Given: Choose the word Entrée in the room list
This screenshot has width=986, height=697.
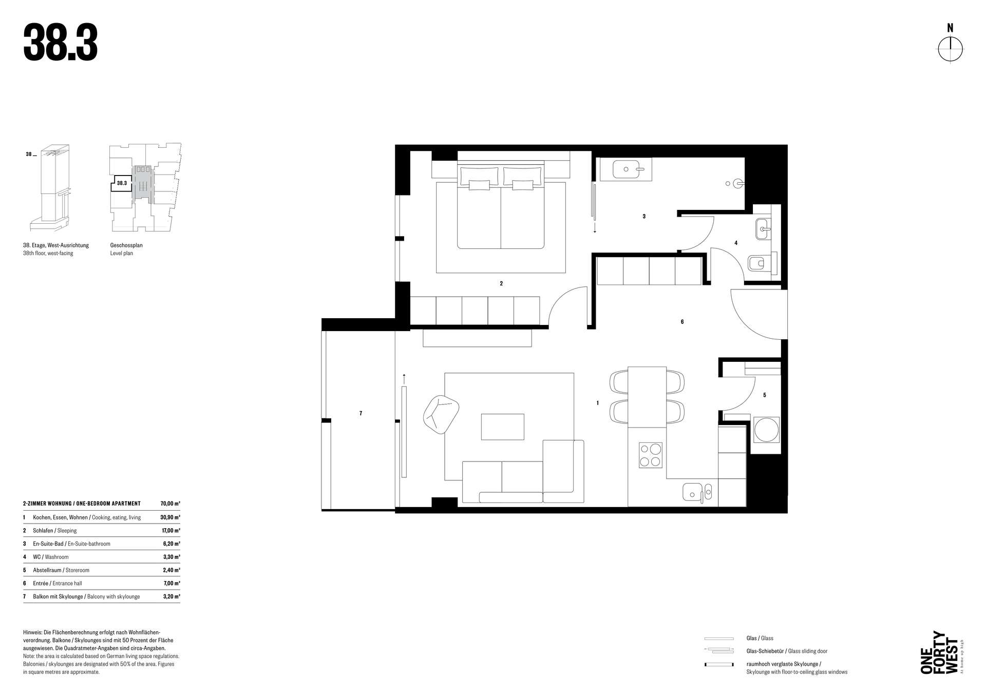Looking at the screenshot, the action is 41,584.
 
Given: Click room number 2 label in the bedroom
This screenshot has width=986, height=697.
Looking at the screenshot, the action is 501,283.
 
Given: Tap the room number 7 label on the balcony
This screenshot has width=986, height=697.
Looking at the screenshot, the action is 361,413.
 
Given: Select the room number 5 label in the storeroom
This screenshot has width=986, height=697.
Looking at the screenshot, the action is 765,395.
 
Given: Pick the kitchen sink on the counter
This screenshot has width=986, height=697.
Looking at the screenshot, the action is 697,492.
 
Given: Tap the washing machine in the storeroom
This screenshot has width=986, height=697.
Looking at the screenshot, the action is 766,430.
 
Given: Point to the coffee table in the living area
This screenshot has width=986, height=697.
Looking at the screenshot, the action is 502,427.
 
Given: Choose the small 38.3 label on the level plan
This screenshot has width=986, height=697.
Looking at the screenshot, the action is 122,183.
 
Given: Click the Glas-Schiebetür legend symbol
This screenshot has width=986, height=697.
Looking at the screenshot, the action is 719,651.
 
